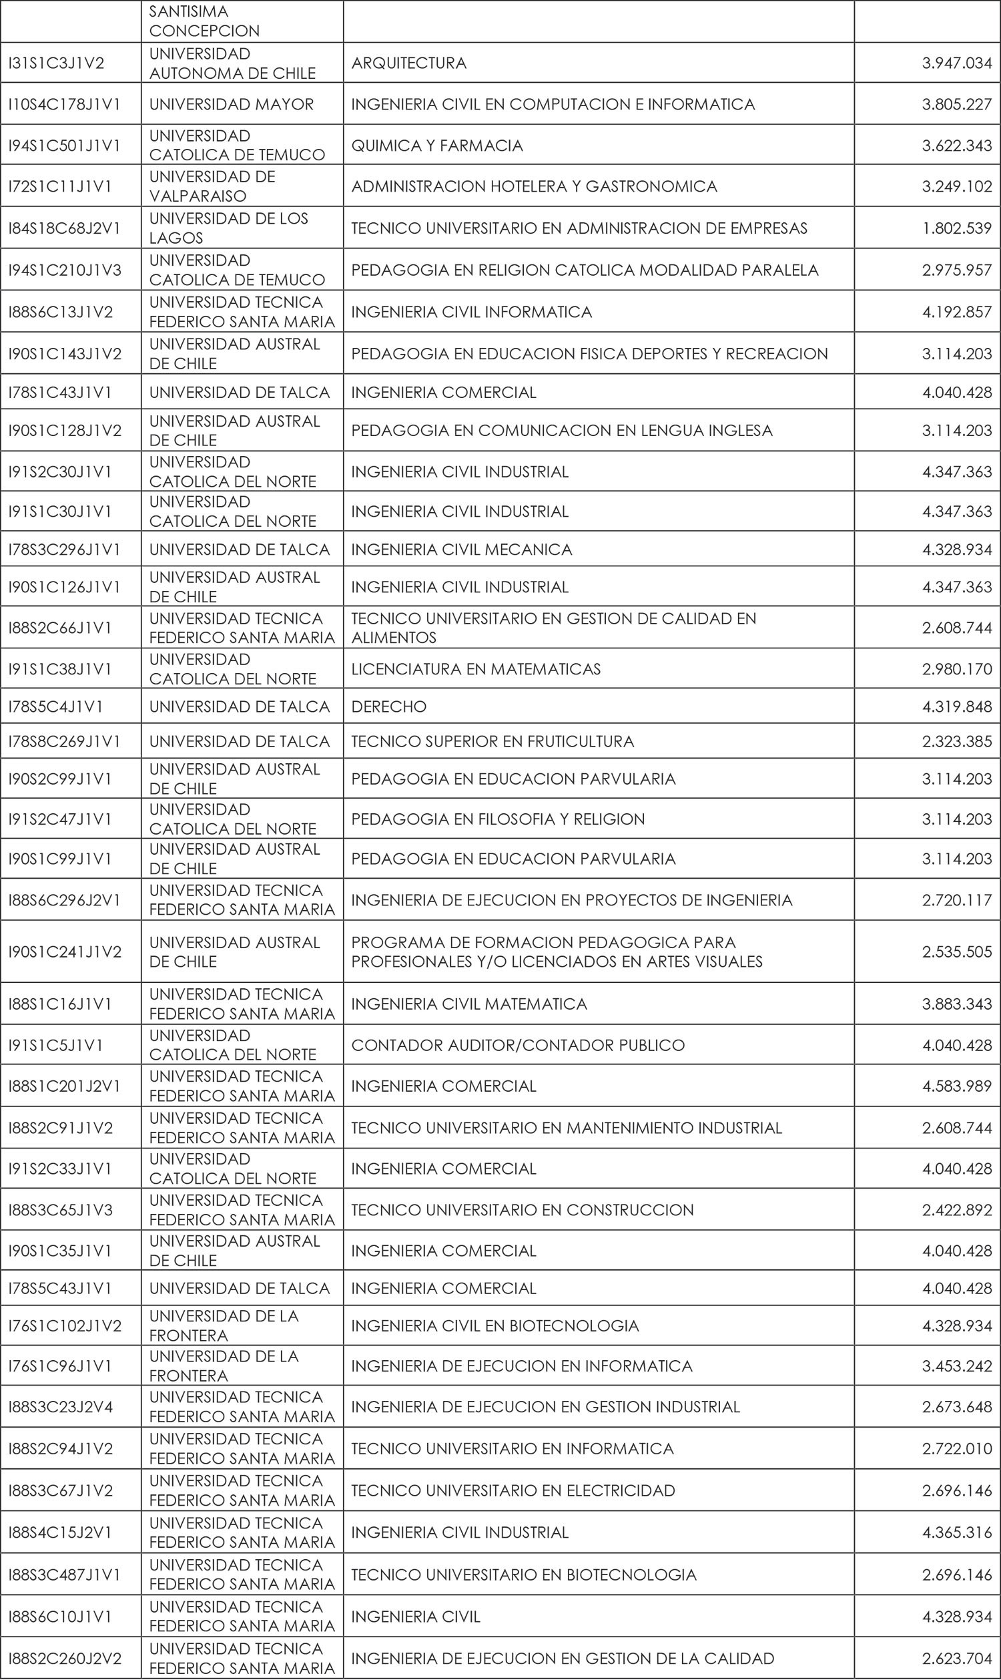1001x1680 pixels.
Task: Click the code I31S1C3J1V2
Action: tap(56, 63)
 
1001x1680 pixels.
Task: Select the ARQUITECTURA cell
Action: tap(409, 63)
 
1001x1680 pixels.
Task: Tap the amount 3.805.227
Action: tap(956, 105)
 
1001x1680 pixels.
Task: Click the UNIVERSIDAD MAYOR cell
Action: tap(232, 105)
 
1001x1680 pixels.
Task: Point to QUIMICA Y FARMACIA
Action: tap(437, 146)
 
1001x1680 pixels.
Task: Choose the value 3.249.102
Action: tap(956, 187)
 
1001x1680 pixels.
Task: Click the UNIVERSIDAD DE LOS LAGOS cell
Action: tap(229, 228)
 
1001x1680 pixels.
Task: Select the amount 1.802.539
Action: tap(956, 229)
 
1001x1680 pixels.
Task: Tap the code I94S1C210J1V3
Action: tap(65, 270)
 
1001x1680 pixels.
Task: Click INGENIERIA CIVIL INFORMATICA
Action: tap(472, 312)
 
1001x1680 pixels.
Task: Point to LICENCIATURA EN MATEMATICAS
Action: tap(476, 669)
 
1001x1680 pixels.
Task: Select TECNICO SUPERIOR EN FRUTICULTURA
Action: tap(492, 741)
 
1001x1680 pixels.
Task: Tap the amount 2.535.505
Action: tap(956, 952)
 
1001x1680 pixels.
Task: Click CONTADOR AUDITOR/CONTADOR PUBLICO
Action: tap(517, 1046)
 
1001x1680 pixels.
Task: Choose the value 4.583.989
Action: tap(956, 1086)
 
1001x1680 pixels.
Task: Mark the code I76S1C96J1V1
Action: tap(60, 1366)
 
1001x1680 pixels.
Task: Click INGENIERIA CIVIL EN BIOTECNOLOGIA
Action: tap(494, 1326)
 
